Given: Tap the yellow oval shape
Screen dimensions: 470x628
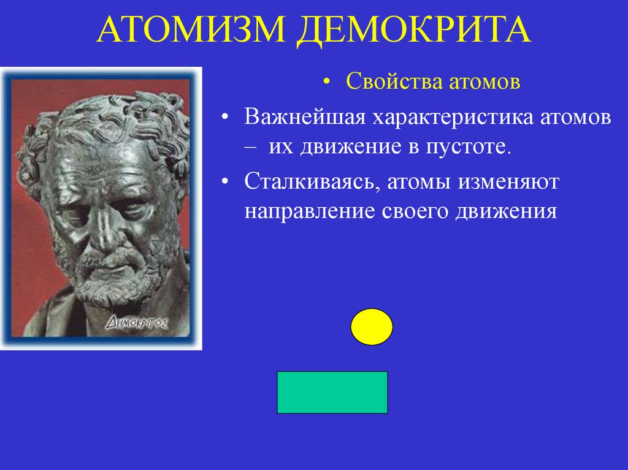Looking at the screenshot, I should [x=372, y=327].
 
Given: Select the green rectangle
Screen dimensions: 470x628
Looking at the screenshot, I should [x=332, y=392].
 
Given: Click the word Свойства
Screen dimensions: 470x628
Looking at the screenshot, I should [x=384, y=82].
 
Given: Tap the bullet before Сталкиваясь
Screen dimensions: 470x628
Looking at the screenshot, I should [x=228, y=181].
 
